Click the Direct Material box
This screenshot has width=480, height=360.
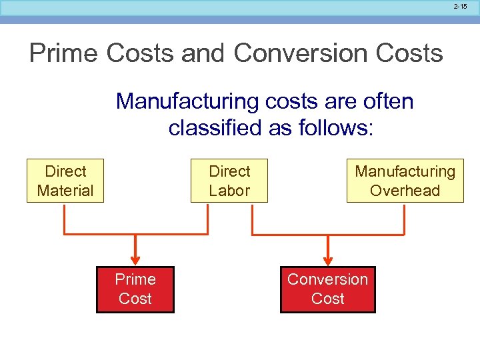[x=65, y=181]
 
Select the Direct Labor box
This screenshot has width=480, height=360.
[x=229, y=181]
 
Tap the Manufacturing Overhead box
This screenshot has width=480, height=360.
[x=405, y=181]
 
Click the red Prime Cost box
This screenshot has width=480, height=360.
[x=135, y=289]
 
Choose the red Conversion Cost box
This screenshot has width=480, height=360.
[x=327, y=289]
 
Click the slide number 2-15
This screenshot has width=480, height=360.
[x=460, y=7]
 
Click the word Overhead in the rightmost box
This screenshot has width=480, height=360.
[x=405, y=191]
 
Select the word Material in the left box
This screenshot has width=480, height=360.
[x=65, y=191]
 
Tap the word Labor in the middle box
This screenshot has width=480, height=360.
[x=229, y=191]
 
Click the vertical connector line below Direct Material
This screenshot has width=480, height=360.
[x=64, y=219]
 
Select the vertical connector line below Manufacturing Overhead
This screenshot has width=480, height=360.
[x=404, y=219]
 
